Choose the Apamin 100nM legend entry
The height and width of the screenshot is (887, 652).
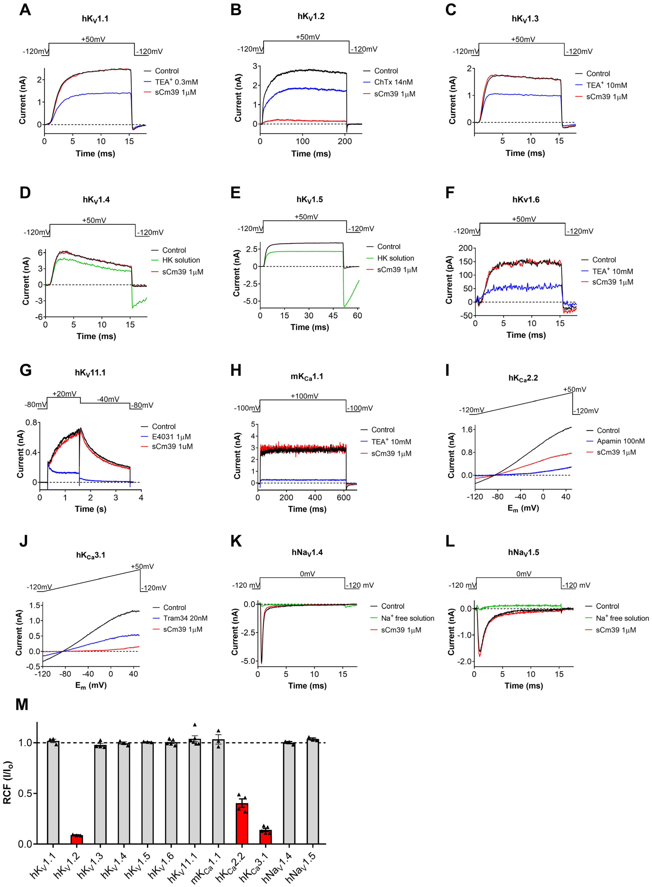pyautogui.click(x=620, y=441)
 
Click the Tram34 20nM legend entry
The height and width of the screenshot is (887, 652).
pyautogui.click(x=185, y=618)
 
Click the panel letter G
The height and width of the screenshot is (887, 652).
pyautogui.click(x=25, y=371)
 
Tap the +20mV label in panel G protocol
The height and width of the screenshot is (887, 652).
pyautogui.click(x=64, y=394)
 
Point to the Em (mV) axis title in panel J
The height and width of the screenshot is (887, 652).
pyautogui.click(x=91, y=686)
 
